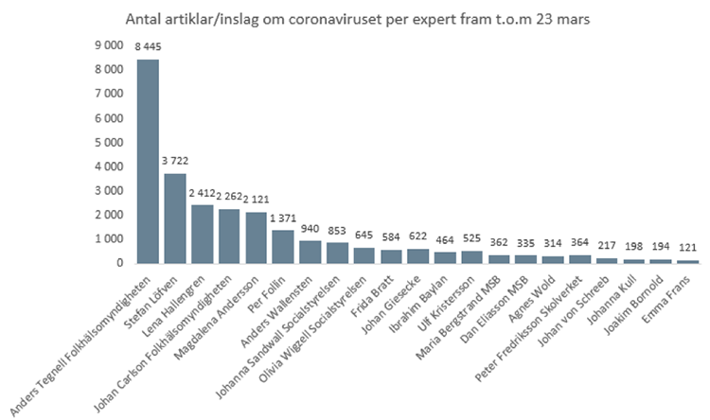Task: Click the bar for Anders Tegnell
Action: pos(148,161)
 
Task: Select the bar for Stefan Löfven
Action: pos(175,219)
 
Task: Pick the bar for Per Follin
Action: pos(257,247)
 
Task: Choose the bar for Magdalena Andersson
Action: pos(229,237)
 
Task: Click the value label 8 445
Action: pos(149,46)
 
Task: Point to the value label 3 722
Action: pos(175,162)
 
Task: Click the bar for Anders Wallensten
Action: pos(283,252)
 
